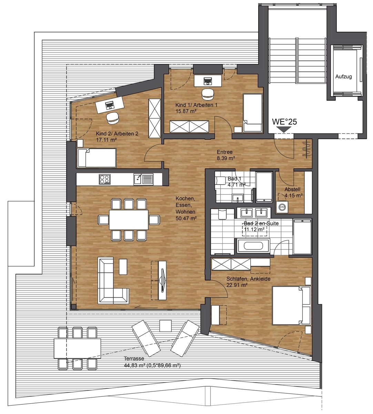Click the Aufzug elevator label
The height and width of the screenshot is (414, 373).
343,77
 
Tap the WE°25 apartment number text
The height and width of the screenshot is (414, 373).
284,122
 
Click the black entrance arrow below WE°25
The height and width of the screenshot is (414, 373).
284,129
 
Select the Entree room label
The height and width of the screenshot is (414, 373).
224,152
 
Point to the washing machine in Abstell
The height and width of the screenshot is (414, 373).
282,206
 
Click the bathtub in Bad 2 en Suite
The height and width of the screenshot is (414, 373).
253,246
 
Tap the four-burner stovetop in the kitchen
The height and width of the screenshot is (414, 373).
104,179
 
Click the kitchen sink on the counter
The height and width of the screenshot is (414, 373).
143,179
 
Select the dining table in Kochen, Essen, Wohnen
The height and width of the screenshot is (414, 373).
129,220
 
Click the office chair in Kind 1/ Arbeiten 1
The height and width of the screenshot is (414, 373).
208,93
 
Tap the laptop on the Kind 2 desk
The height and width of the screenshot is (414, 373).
110,105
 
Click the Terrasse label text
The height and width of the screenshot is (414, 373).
134,358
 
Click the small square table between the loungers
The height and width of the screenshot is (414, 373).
166,326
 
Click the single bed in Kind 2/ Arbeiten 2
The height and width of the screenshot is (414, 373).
96,158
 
